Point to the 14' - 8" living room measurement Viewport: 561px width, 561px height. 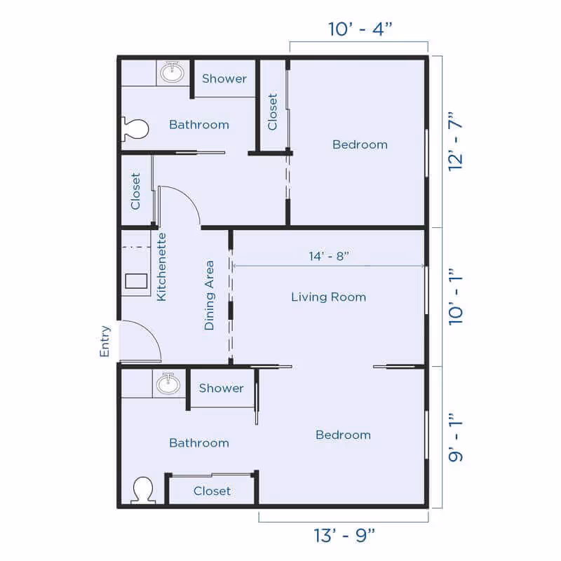pyautogui.click(x=329, y=256)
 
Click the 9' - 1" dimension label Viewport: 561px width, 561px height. pyautogui.click(x=457, y=436)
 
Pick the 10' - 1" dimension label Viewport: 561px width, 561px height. pyautogui.click(x=457, y=295)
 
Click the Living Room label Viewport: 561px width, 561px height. pyautogui.click(x=328, y=297)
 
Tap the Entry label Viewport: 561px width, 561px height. pyautogui.click(x=105, y=341)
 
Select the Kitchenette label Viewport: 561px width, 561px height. pyautogui.click(x=161, y=266)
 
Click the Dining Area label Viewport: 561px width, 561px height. pyautogui.click(x=209, y=295)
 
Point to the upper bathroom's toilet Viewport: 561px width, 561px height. pyautogui.click(x=136, y=128)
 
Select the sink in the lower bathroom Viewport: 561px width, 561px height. pyautogui.click(x=168, y=383)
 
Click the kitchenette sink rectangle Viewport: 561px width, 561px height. pyautogui.click(x=136, y=281)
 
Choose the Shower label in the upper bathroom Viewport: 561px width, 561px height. pyautogui.click(x=224, y=79)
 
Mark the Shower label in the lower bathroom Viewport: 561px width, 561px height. pyautogui.click(x=222, y=388)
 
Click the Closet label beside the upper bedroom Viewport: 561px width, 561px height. pyautogui.click(x=273, y=111)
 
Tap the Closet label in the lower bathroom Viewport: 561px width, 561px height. pyautogui.click(x=212, y=491)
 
